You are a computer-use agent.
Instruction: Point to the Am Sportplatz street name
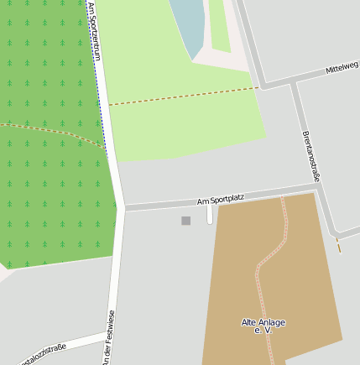coord(220,199)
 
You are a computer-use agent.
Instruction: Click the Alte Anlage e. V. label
coord(263,326)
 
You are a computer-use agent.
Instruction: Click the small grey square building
coord(185,221)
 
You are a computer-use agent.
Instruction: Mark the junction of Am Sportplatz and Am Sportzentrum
coord(124,206)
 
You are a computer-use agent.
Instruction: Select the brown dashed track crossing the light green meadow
coord(185,96)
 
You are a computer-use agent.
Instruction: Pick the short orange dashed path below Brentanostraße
coord(339,244)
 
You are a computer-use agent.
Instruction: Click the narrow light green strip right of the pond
coord(220,25)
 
